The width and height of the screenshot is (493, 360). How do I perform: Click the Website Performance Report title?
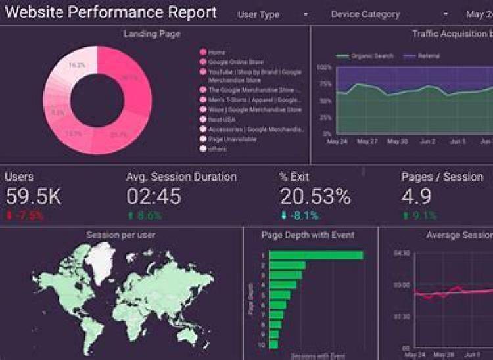tap(110, 12)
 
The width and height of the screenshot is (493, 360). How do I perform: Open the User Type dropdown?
tap(273, 14)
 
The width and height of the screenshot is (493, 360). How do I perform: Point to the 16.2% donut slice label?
tap(77, 66)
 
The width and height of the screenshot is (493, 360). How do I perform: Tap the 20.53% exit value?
tap(315, 196)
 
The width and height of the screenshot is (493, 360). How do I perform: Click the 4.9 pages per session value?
tap(416, 196)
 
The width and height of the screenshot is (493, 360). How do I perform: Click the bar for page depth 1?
tap(316, 255)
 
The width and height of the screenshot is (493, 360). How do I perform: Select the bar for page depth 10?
tap(273, 344)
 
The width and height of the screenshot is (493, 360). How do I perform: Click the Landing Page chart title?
tap(152, 34)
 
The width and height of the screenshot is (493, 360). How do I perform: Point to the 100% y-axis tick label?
tap(324, 67)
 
